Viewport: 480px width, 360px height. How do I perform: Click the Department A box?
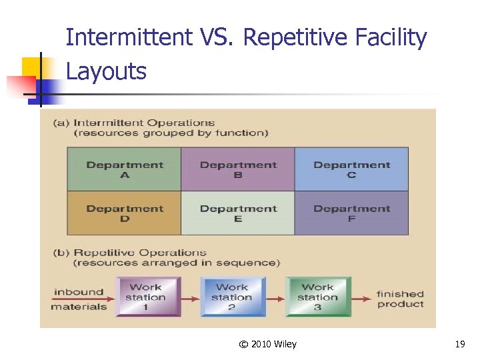click(124, 169)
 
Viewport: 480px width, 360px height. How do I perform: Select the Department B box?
click(237, 169)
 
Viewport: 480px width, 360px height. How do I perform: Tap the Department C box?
click(351, 169)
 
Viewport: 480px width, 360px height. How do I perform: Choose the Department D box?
click(124, 213)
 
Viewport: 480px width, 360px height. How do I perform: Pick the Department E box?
click(237, 213)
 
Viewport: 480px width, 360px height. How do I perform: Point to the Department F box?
click(351, 213)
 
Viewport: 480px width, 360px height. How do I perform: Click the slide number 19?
click(459, 344)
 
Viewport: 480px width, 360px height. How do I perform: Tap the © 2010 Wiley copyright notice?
click(267, 344)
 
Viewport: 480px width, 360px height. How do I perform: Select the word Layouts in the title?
click(106, 71)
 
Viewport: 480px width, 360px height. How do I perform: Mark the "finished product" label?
click(400, 299)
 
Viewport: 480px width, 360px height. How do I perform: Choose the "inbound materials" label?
click(79, 299)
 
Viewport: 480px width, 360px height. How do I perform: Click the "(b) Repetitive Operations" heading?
click(130, 253)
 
